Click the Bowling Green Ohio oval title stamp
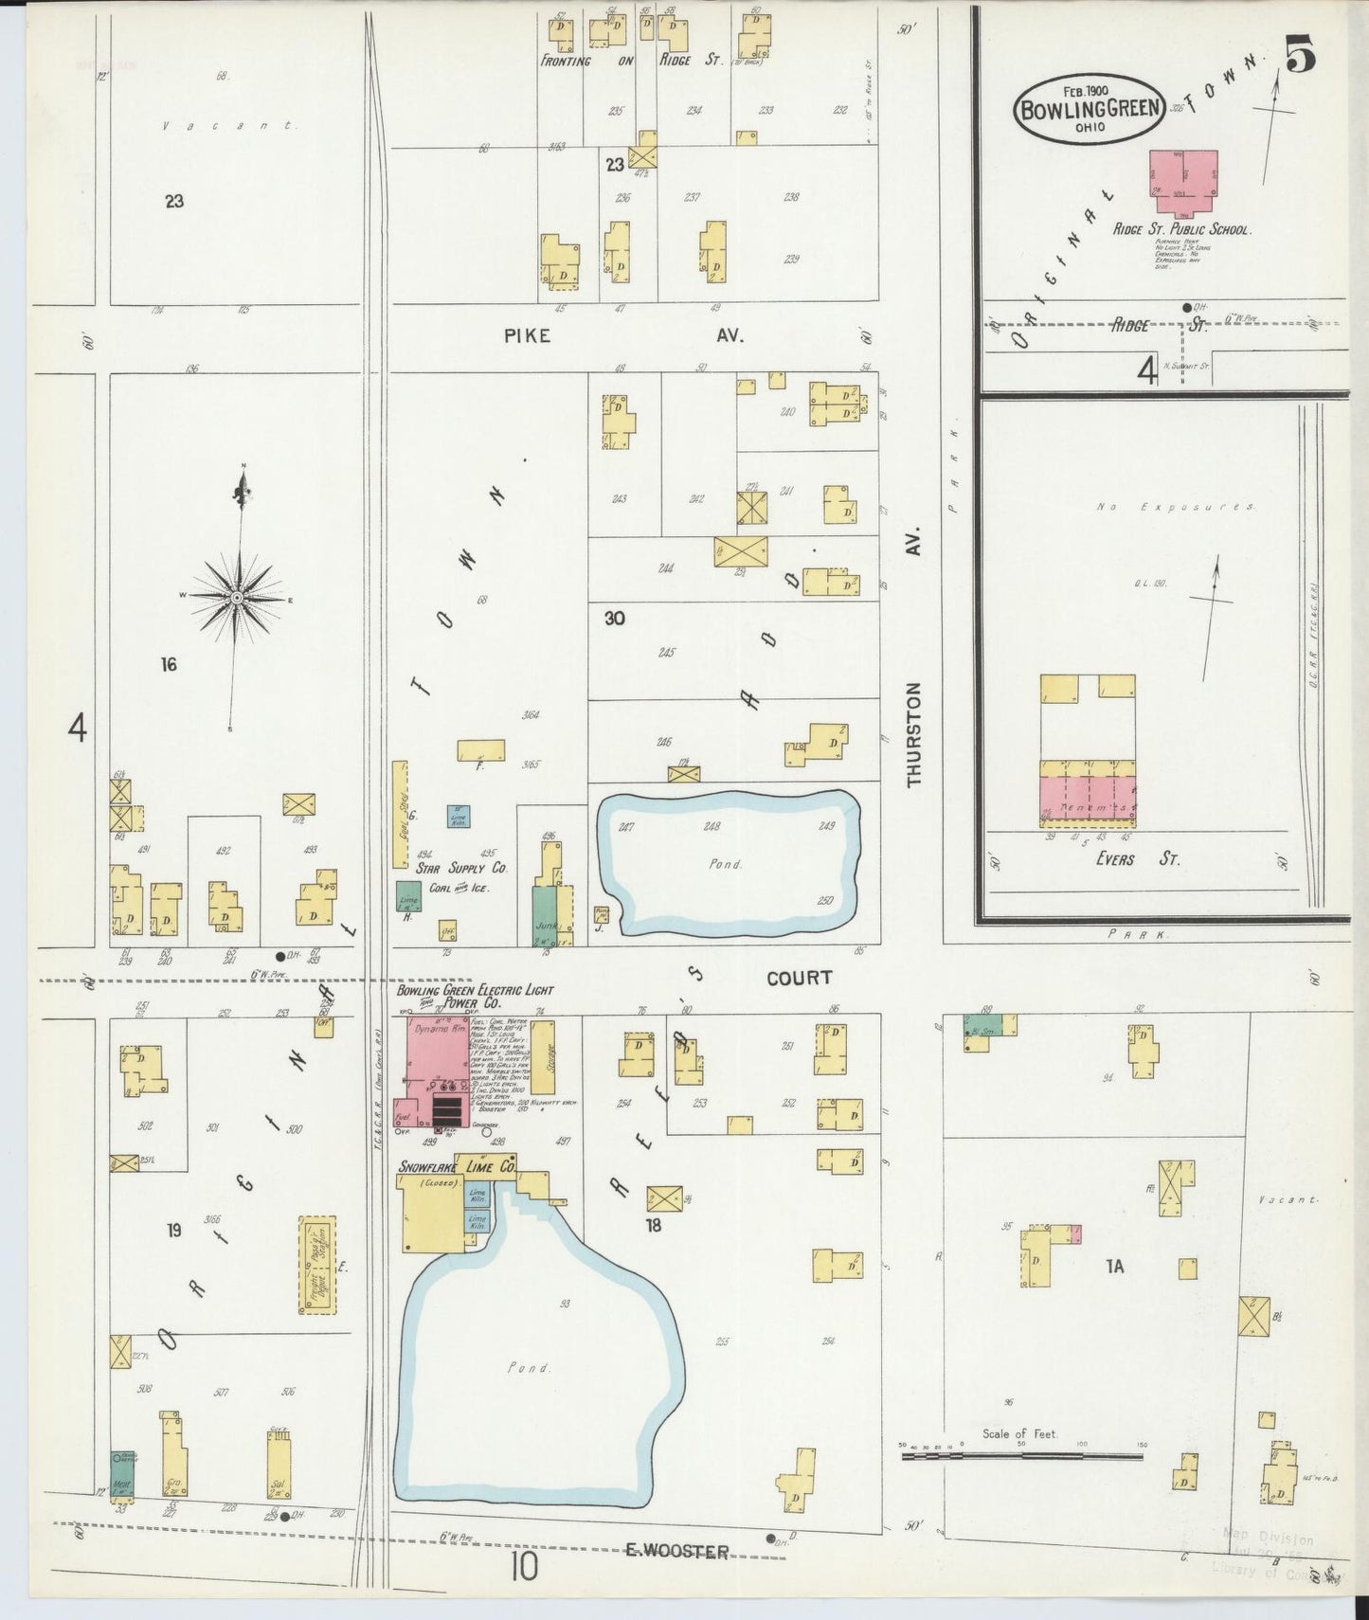pyautogui.click(x=1089, y=107)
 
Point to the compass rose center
pyautogui.click(x=237, y=598)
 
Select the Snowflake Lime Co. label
pyautogui.click(x=458, y=1167)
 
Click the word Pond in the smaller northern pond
pyautogui.click(x=727, y=864)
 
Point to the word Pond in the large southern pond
pyautogui.click(x=529, y=1368)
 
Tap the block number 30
pyautogui.click(x=614, y=619)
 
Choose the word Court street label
pyautogui.click(x=799, y=978)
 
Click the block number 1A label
pyautogui.click(x=1114, y=1266)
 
